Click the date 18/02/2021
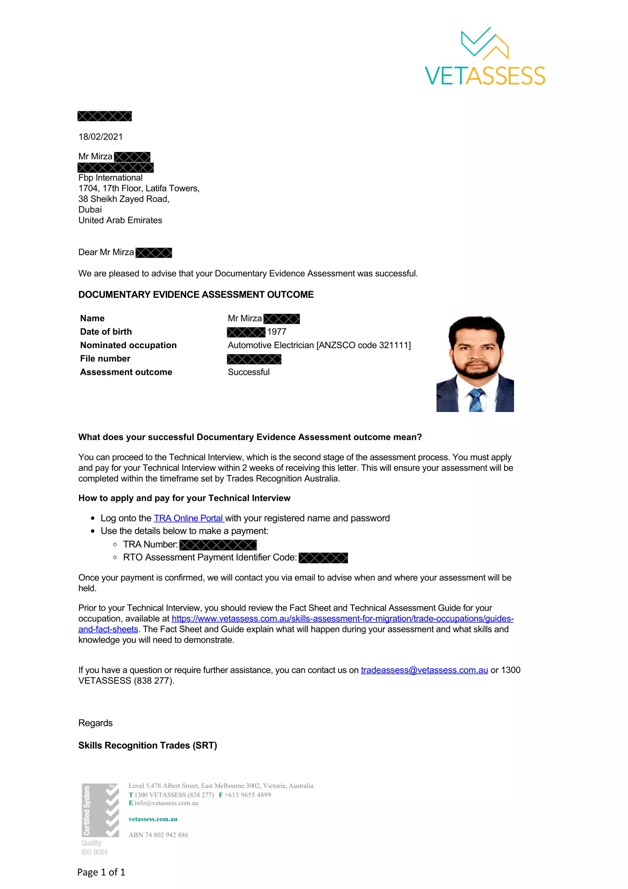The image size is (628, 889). click(x=101, y=137)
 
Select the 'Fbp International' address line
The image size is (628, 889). click(x=110, y=178)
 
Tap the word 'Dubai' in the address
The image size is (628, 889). click(x=90, y=209)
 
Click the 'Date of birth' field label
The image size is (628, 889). click(x=106, y=332)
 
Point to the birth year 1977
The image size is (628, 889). click(x=277, y=332)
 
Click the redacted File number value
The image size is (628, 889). click(x=254, y=359)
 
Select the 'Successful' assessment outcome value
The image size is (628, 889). click(x=248, y=372)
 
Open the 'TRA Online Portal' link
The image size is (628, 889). click(x=189, y=518)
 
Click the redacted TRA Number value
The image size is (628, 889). click(x=218, y=545)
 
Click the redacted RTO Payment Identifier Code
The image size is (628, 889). click(x=323, y=558)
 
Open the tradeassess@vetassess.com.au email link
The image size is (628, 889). click(x=424, y=670)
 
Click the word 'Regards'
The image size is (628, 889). click(x=96, y=723)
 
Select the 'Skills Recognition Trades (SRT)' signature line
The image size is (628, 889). click(x=147, y=745)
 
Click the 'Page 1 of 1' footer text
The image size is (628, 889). click(x=101, y=872)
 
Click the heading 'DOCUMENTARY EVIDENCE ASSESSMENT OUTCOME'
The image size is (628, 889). click(x=196, y=295)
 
